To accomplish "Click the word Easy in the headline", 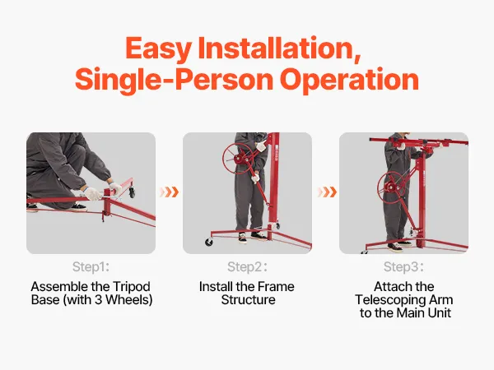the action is (158, 49).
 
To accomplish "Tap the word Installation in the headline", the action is (279, 48).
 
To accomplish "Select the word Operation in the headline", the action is (349, 80).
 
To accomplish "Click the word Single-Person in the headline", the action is (174, 80).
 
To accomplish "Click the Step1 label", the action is (91, 266).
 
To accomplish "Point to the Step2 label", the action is (247, 266).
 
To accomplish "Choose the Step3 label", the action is (403, 266).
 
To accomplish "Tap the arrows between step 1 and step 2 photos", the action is (169, 192).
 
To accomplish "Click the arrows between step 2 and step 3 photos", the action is (328, 192).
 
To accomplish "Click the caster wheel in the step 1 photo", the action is (132, 192).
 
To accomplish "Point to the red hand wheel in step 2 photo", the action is (237, 158).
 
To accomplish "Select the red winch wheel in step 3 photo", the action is (392, 187).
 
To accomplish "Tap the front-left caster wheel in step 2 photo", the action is (208, 242).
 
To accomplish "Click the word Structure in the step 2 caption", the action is (249, 299).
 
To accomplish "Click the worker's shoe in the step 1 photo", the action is (78, 207).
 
